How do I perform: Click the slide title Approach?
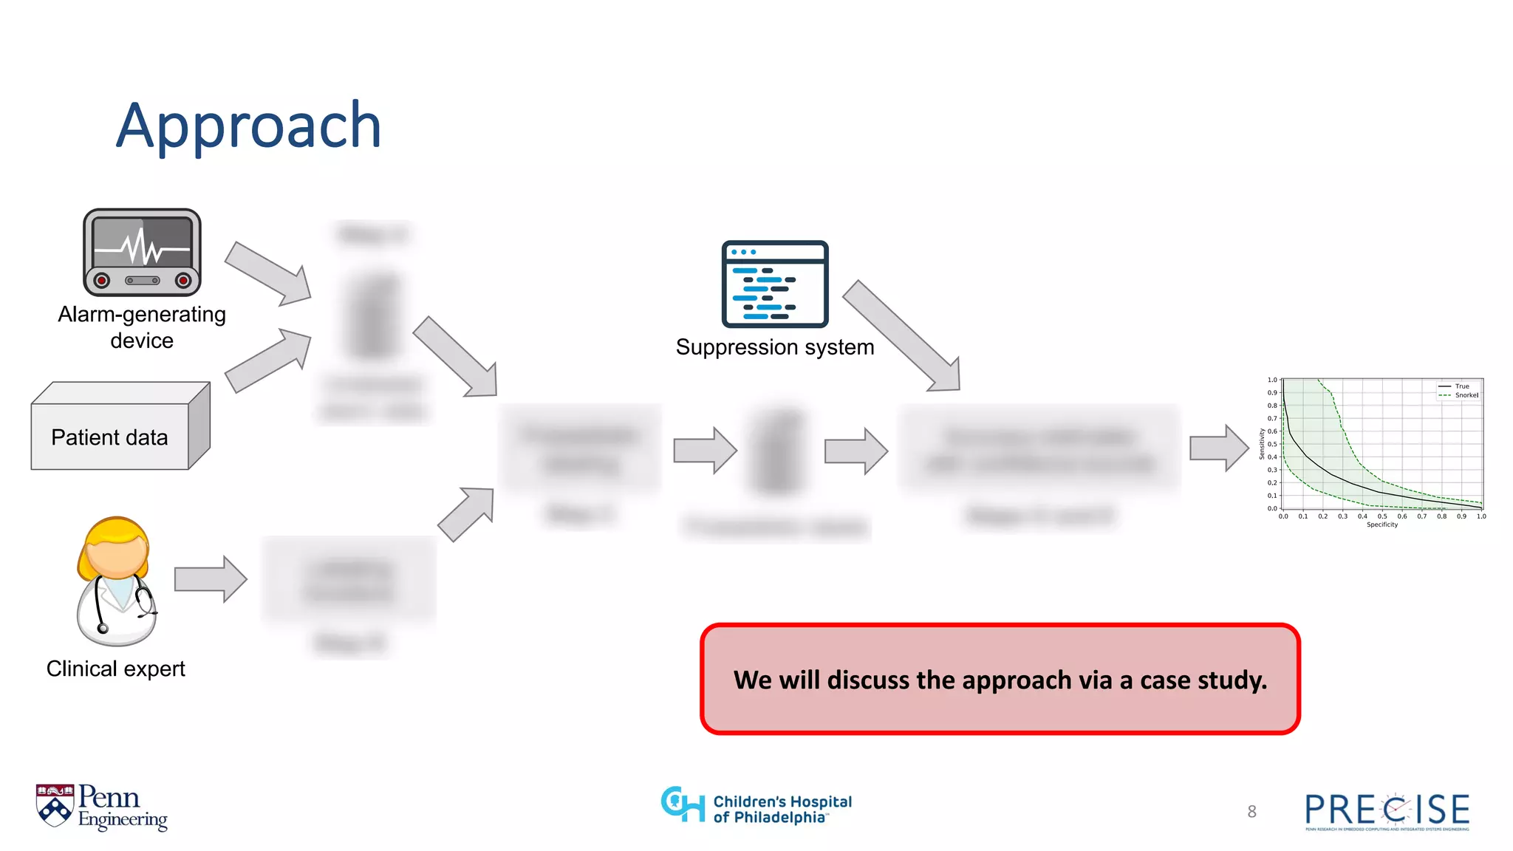tap(248, 127)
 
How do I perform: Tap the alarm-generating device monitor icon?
tap(142, 252)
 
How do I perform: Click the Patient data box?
tap(111, 437)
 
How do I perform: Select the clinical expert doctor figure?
tap(116, 581)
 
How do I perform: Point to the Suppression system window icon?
tap(774, 284)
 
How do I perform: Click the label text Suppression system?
tap(774, 347)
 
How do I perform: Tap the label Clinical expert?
tap(116, 669)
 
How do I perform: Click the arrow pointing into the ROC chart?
tap(1218, 448)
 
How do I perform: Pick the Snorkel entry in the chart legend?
tap(1466, 395)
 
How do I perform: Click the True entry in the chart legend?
tap(1461, 386)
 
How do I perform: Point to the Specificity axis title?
tap(1381, 524)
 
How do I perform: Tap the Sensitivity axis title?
tap(1262, 444)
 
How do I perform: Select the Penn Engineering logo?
tap(102, 807)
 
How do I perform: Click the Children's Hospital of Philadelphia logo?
tap(756, 807)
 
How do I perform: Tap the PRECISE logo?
tap(1387, 811)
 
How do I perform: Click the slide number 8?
tap(1251, 812)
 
